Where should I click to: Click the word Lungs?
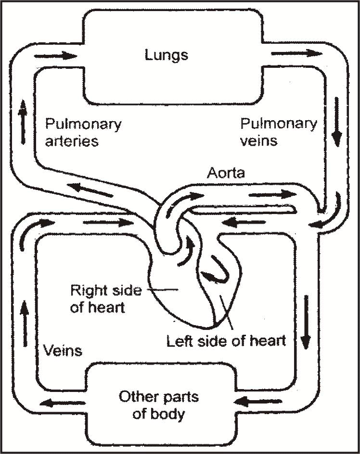[167, 54]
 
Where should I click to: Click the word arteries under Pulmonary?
[72, 141]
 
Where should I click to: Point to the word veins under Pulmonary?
[259, 141]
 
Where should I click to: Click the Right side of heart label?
[105, 299]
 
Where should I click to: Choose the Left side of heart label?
[226, 341]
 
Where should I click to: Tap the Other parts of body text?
[159, 405]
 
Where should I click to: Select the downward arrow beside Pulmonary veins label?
[337, 122]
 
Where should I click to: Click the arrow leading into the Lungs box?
[55, 55]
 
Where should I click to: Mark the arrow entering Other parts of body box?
[250, 400]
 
